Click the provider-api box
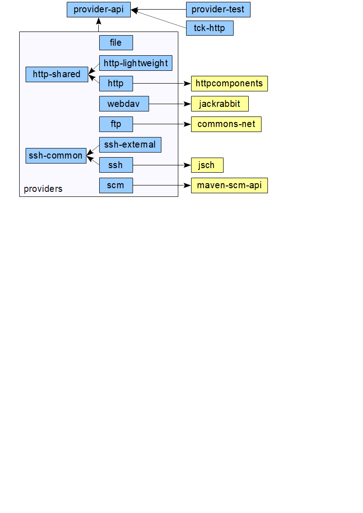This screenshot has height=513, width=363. point(98,10)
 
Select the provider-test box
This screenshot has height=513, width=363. point(218,10)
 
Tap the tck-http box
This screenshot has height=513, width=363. point(209,28)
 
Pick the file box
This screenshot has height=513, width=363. point(116,42)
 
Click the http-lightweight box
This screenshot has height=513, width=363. point(135,63)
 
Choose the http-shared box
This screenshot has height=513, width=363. point(57,74)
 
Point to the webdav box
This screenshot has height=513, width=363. point(124,104)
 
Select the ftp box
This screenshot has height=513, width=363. point(116,124)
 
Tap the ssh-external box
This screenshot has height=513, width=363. point(130,145)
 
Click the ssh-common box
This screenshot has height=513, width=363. point(55,155)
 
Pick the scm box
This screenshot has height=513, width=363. point(116,185)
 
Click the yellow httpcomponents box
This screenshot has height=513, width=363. point(229,84)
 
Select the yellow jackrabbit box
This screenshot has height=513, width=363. point(219,104)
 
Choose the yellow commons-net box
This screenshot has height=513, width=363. point(226,124)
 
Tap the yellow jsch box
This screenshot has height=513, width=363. point(207,165)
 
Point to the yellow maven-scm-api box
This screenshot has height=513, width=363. point(229,185)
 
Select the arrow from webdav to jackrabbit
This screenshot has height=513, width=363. point(170,104)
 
